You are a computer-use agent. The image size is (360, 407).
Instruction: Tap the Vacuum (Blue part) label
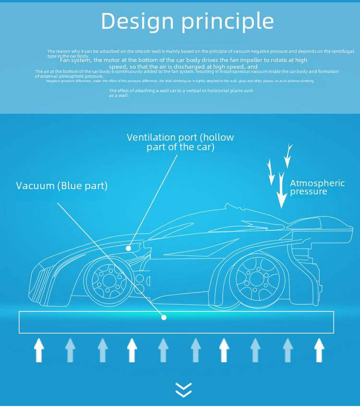(x=61, y=186)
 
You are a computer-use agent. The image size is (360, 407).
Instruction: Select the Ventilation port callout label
(x=180, y=142)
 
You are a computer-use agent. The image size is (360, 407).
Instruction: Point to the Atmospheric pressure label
(x=317, y=187)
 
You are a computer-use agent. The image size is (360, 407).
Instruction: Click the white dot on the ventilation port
(x=128, y=248)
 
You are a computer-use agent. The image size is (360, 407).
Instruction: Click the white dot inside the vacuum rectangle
(x=164, y=317)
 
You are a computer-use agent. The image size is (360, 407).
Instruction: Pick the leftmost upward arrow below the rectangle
(x=38, y=350)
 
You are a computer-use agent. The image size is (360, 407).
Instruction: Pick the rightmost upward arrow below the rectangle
(x=319, y=350)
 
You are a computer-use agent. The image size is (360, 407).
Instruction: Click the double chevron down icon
(x=183, y=390)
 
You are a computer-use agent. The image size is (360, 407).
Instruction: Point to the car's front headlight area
(x=48, y=269)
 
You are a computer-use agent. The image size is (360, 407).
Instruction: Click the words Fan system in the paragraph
(x=75, y=60)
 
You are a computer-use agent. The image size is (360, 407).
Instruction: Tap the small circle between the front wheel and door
(x=139, y=278)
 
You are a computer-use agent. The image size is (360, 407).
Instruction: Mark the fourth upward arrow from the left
(x=132, y=350)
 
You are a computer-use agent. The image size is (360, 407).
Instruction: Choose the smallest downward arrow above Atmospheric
(x=288, y=155)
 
